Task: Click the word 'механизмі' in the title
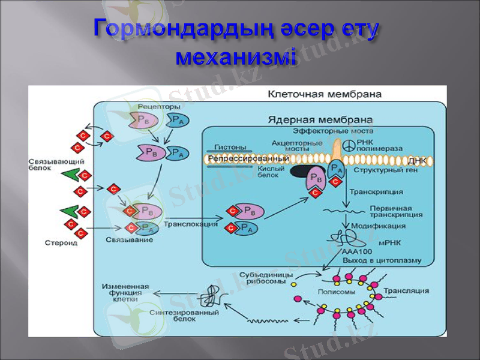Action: pyautogui.click(x=236, y=58)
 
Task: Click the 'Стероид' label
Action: pyautogui.click(x=61, y=242)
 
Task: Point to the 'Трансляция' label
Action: pyautogui.click(x=406, y=291)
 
